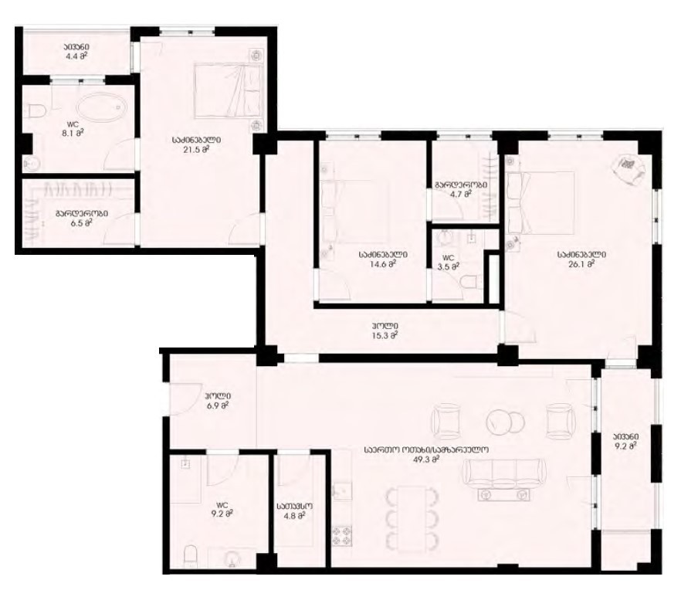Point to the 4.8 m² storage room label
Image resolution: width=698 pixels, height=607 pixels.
[x=295, y=512]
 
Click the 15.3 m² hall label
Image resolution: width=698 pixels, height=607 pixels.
[x=383, y=331]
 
